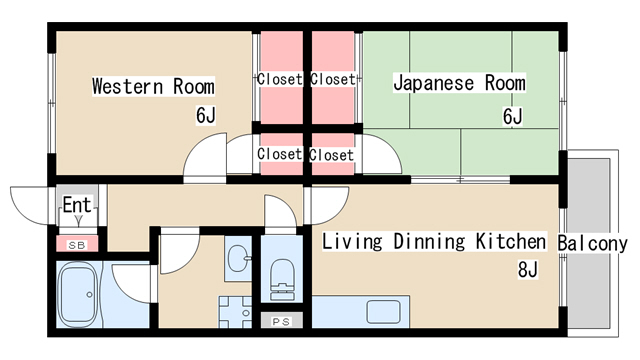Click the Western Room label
point(153,86)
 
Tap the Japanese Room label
point(459,83)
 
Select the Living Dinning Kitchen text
point(434,241)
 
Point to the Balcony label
point(592,244)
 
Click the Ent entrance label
point(77,204)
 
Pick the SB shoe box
point(77,245)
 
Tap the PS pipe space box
point(281,321)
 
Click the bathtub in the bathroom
point(78,294)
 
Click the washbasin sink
point(239,258)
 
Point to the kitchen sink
point(383,312)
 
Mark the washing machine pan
point(235,312)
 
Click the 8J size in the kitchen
point(527,269)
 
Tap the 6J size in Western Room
point(205,116)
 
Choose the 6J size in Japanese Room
point(512,117)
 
